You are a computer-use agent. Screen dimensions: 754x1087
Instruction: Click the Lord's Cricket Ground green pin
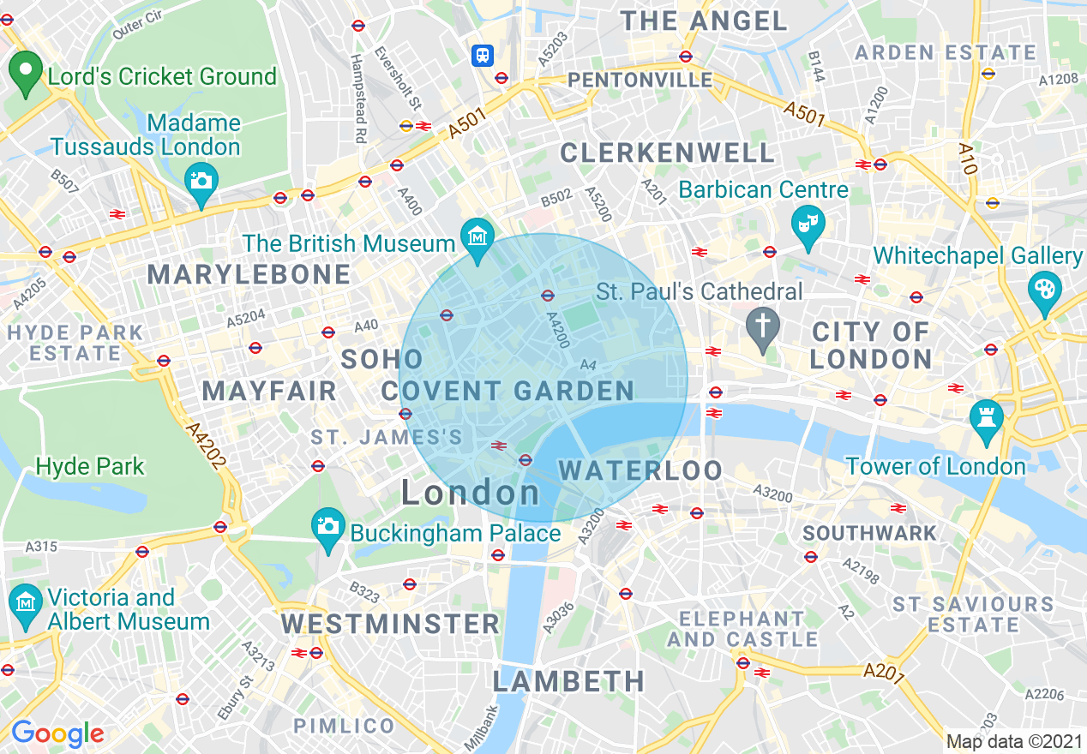tap(26, 71)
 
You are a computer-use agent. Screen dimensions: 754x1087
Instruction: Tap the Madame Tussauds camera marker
tap(201, 183)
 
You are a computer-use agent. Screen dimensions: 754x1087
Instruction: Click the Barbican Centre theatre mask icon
tap(807, 223)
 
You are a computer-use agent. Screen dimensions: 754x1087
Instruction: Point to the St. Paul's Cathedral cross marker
tap(760, 327)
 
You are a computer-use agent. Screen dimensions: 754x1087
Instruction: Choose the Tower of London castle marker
tap(986, 420)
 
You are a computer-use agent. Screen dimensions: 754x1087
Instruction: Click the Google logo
tap(57, 733)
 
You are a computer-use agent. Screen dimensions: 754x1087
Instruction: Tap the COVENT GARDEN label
tap(507, 392)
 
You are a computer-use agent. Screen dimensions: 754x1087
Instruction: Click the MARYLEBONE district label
tap(249, 274)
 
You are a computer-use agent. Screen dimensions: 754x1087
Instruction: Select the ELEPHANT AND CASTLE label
tap(742, 629)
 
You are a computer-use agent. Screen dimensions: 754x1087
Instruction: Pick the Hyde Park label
tap(90, 467)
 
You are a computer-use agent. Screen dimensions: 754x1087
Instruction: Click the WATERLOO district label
tap(640, 470)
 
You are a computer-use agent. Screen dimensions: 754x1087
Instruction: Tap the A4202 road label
tap(207, 446)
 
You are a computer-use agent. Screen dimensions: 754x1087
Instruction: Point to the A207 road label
tap(884, 673)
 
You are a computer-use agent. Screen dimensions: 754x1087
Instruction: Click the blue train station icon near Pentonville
tap(483, 56)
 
